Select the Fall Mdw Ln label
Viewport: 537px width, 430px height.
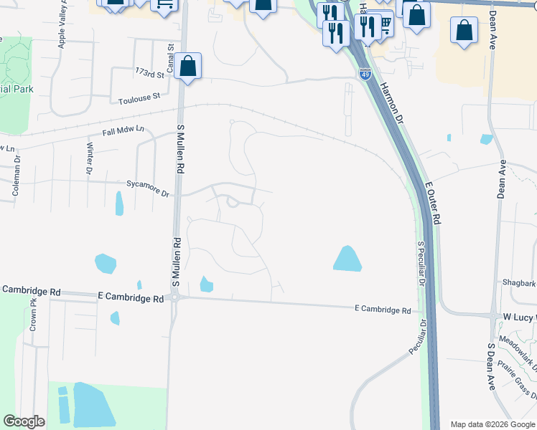123,131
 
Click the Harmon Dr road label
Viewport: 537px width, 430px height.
392,100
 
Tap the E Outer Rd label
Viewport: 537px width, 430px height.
433,204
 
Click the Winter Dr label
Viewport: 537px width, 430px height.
90,158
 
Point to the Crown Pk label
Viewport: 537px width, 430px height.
33,315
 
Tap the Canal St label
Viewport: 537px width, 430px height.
172,56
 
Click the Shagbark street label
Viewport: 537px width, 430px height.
519,282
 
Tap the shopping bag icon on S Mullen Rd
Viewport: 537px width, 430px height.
187,67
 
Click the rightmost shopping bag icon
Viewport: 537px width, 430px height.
464,31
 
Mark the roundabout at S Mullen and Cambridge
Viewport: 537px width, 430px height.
175,298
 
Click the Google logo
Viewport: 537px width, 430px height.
24,421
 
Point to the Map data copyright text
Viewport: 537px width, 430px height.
492,424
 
